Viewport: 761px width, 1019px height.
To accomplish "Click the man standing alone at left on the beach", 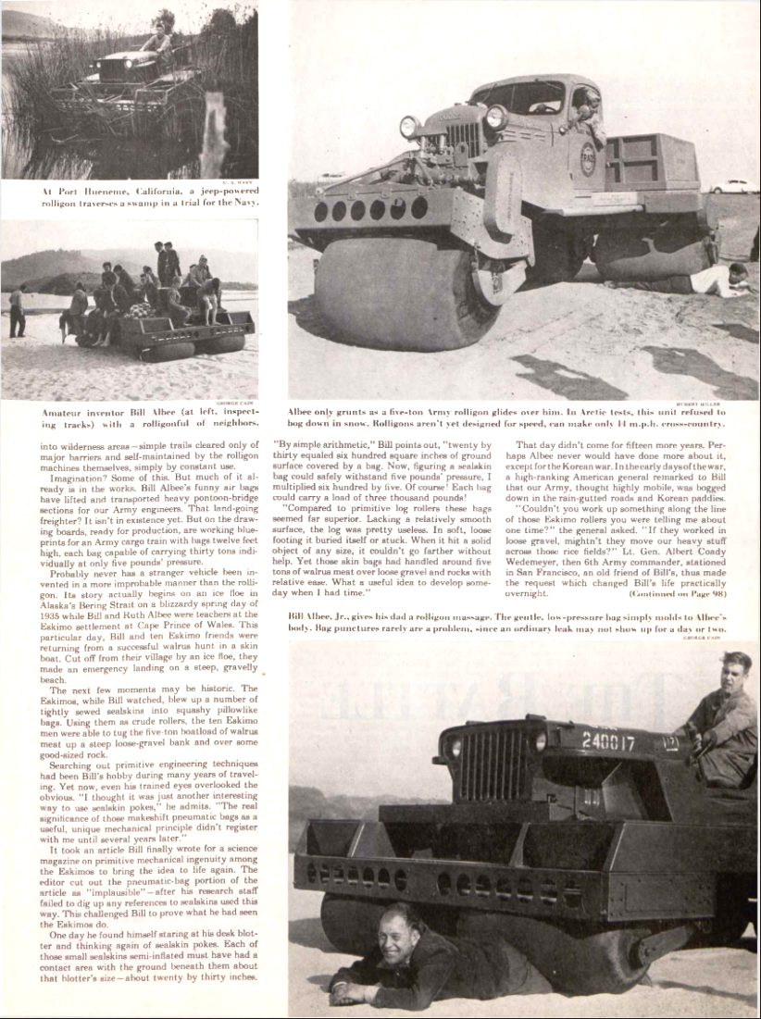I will click(x=18, y=312).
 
